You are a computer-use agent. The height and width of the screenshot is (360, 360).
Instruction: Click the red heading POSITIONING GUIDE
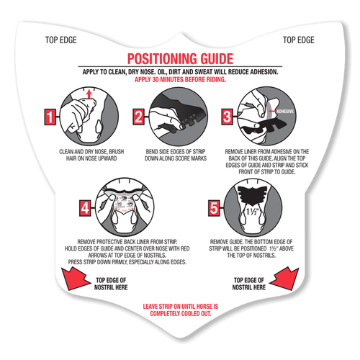pos(179,58)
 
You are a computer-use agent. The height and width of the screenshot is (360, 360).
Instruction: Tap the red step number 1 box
pos(50,116)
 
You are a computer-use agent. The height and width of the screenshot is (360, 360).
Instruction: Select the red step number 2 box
pos(140,116)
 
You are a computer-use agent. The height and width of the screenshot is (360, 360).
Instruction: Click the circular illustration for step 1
pos(84,117)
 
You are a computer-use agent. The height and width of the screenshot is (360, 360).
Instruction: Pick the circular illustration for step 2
pos(173,117)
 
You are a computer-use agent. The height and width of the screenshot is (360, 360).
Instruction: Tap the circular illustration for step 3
pos(261,117)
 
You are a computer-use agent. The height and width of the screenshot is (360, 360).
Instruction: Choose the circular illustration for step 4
pos(124,208)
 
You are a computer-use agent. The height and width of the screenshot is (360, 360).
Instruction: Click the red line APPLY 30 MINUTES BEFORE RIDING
pos(179,79)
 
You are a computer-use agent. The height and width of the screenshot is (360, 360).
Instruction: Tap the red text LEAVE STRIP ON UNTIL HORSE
pos(179,307)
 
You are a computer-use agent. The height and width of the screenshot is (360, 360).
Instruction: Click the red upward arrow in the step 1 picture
pos(88,94)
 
